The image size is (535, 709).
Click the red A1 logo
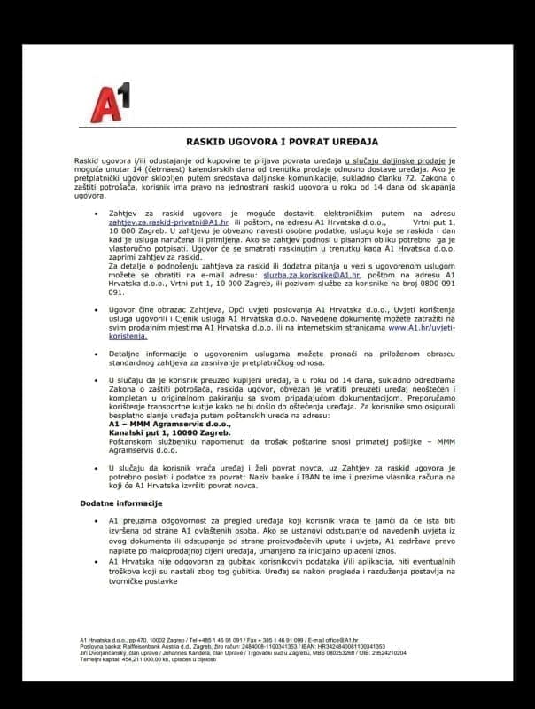coord(112,100)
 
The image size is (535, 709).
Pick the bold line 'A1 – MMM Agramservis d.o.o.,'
coord(160,425)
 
